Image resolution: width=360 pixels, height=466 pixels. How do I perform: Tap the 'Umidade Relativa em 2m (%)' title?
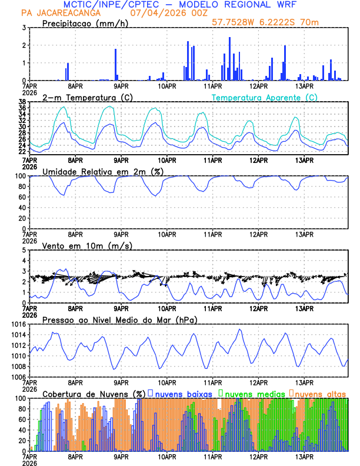coord(102,171)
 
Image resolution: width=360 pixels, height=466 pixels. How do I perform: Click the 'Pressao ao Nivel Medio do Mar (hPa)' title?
coord(120,319)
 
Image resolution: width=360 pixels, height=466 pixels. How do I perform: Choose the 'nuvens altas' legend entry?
coord(321,394)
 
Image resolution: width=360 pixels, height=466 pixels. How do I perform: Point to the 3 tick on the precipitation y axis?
coord(23,28)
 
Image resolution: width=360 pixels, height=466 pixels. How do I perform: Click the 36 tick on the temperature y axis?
coord(21,108)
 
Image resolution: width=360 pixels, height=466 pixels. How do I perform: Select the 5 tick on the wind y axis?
coord(23,250)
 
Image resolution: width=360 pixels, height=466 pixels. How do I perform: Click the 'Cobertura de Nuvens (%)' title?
coord(94,394)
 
